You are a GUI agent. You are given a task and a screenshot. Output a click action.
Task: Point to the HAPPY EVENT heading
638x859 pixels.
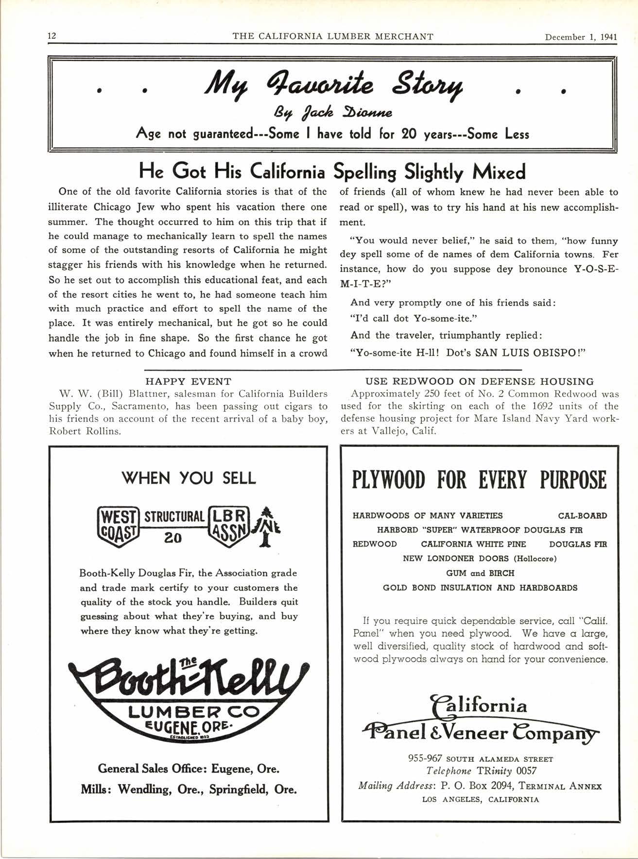[x=189, y=381]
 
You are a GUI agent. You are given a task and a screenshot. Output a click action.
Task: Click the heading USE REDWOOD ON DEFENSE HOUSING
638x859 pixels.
[x=479, y=381]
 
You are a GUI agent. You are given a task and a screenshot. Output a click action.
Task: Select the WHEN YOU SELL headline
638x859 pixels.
[x=189, y=478]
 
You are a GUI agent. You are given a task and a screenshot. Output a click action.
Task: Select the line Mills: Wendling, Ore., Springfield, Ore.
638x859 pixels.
[x=189, y=789]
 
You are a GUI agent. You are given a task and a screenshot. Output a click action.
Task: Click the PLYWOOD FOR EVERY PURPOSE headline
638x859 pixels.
[x=479, y=480]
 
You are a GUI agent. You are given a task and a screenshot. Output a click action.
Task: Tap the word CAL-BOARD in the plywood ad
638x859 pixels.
[x=582, y=515]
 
